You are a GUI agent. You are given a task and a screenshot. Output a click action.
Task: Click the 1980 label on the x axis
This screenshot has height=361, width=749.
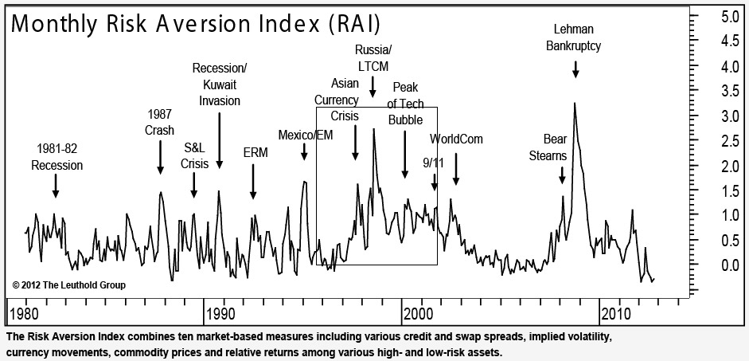pos(24,311)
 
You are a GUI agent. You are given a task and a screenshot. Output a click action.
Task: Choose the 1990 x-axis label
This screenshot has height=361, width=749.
pos(221,311)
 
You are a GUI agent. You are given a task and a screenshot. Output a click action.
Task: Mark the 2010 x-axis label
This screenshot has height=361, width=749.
pos(618,311)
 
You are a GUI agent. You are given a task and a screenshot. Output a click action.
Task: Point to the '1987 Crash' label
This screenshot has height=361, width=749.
pos(160,121)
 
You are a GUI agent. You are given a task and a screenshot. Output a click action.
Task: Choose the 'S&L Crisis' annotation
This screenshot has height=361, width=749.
pos(194,155)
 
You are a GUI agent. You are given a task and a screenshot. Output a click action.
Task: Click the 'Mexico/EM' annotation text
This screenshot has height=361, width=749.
pos(305,134)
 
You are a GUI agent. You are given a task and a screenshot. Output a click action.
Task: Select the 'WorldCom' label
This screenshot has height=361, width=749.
pos(456,139)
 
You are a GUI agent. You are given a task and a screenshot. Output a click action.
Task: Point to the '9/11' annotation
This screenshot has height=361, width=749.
pos(433,163)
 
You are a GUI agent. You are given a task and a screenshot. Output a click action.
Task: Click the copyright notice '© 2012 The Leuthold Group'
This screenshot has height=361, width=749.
pos(69,284)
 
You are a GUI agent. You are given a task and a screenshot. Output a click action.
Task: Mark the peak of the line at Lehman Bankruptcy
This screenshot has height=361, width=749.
pos(575,103)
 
